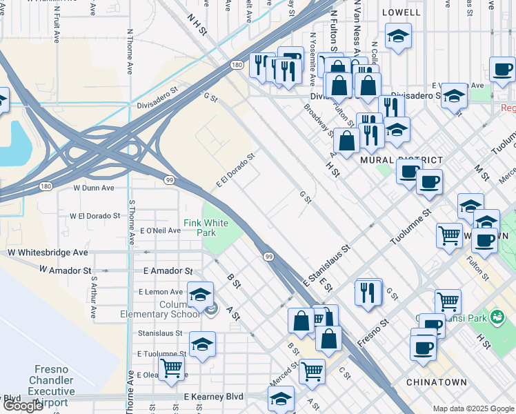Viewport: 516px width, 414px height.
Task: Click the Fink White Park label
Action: pos(205,228)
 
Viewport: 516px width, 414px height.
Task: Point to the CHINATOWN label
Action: pos(436,382)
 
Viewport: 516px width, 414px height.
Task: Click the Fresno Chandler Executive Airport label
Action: pos(50,386)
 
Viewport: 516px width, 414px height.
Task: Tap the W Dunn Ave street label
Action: pos(94,188)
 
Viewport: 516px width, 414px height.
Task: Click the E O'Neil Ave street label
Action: pos(159,230)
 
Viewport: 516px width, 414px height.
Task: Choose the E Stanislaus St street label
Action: pos(327,264)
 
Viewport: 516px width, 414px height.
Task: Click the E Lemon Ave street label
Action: pos(163,292)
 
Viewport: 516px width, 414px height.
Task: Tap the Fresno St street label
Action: pos(374,333)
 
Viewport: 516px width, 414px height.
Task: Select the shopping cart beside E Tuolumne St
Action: pos(171,367)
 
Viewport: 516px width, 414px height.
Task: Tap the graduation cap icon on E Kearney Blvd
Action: pos(281,398)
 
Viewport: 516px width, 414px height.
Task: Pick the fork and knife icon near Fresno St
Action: pos(369,292)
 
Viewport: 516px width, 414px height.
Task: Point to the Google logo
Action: pos(23,406)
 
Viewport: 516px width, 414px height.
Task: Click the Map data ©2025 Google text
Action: pos(473,408)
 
